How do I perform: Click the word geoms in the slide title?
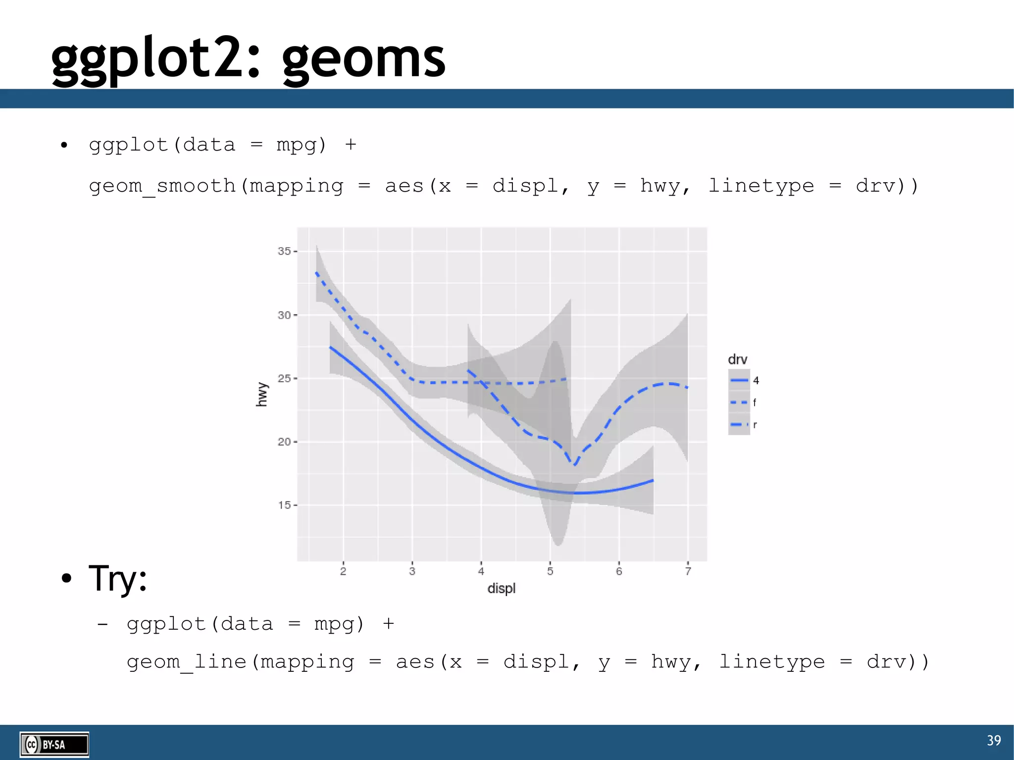coord(364,59)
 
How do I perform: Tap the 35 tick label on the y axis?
coord(284,251)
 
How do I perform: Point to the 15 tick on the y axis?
coord(284,505)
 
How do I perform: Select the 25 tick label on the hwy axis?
coord(284,378)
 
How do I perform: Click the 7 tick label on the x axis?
coord(688,571)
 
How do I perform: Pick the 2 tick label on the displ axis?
coord(343,571)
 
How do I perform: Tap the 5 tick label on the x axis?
coord(550,571)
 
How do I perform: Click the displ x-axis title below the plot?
coord(501,588)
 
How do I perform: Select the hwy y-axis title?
coord(261,394)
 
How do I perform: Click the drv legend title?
coord(737,359)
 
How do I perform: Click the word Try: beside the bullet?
coord(118,578)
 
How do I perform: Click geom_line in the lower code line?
coord(186,662)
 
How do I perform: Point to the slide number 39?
coord(994,740)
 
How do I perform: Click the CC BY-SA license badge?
coord(54,744)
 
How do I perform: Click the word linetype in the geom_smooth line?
coord(761,186)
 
